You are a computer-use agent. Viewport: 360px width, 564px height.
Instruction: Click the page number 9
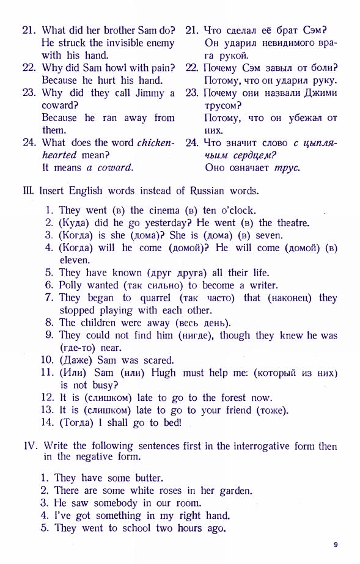(x=336, y=544)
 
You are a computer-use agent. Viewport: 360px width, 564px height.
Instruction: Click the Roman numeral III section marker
(x=28, y=191)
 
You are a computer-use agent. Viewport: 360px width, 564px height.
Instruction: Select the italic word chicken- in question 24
(x=156, y=143)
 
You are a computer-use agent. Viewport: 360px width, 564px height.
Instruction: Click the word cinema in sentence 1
(x=166, y=210)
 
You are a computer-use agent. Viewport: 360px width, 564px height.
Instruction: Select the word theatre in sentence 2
(x=291, y=223)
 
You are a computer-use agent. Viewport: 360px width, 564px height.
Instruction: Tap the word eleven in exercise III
(x=74, y=260)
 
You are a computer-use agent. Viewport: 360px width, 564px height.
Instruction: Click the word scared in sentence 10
(x=158, y=360)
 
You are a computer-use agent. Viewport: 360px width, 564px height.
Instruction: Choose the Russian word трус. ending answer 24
(x=286, y=167)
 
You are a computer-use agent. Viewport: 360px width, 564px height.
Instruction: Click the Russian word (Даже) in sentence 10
(x=74, y=360)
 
